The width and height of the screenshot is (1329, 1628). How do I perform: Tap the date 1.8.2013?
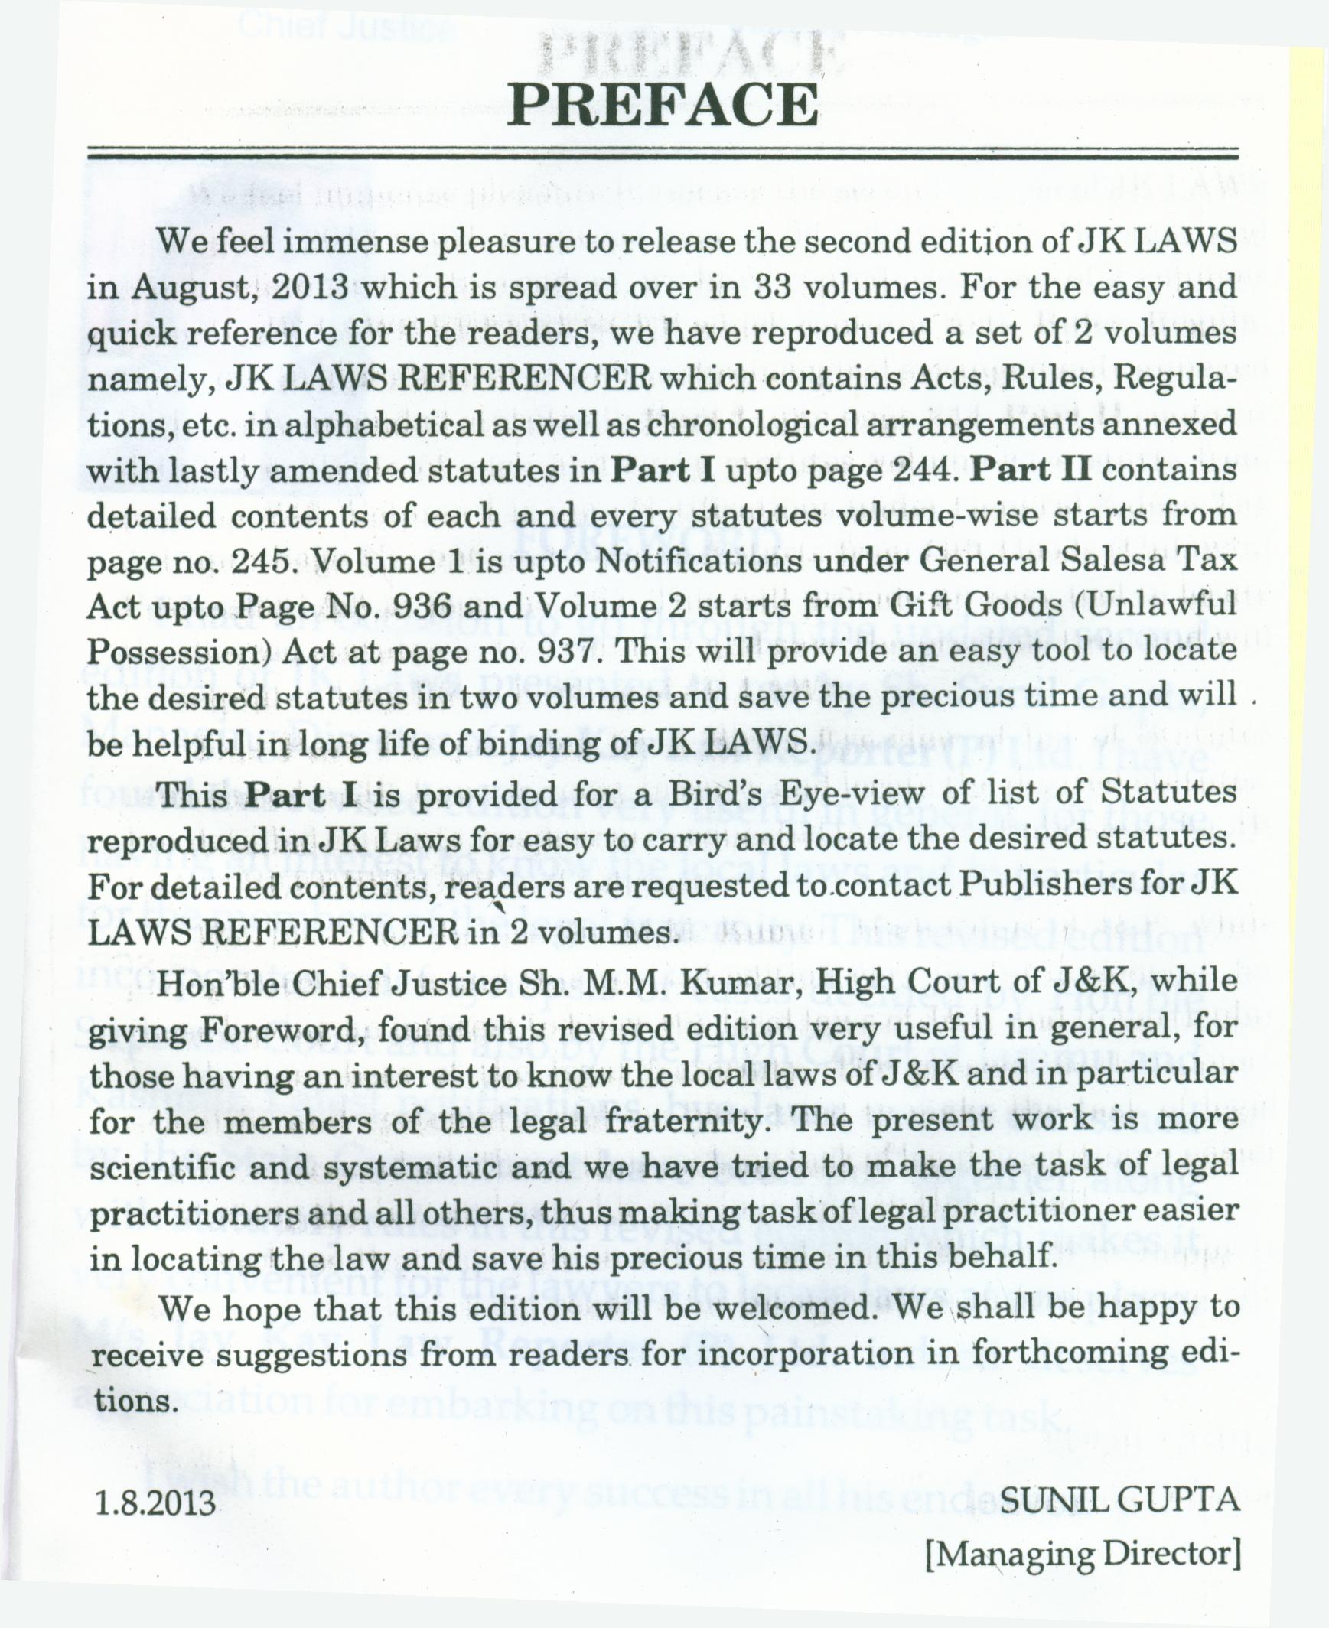(155, 1503)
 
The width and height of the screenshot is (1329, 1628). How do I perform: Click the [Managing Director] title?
(1083, 1553)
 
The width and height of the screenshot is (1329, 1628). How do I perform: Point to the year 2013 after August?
(310, 287)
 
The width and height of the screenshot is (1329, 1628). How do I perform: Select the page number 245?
(262, 562)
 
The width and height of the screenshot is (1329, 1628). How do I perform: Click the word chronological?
(751, 424)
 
